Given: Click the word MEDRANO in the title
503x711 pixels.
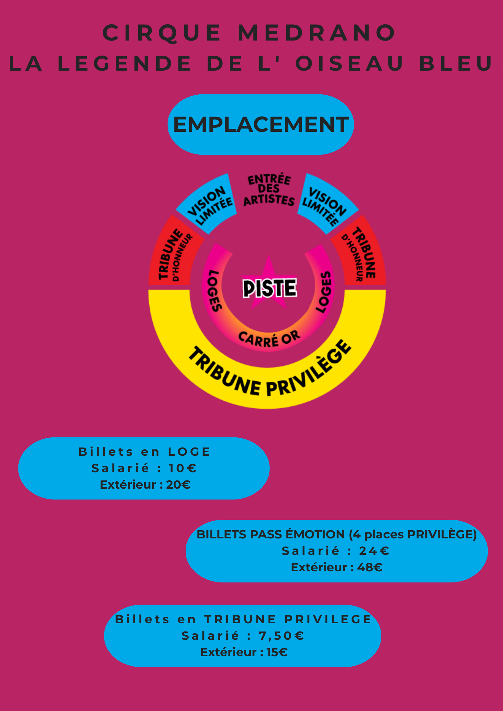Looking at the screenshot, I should point(316,33).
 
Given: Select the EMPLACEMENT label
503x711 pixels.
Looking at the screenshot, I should point(261,124).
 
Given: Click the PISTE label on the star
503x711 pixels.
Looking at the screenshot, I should point(269,288).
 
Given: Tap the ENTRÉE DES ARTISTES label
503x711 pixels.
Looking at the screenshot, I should point(269,190).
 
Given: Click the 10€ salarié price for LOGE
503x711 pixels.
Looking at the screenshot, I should point(182,468).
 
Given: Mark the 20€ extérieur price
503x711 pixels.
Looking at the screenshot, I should point(178,485).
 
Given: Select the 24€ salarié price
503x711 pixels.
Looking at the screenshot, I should point(374,551).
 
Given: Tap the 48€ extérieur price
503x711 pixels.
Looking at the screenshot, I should point(370,567).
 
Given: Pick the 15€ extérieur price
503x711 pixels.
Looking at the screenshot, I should point(277,652).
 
